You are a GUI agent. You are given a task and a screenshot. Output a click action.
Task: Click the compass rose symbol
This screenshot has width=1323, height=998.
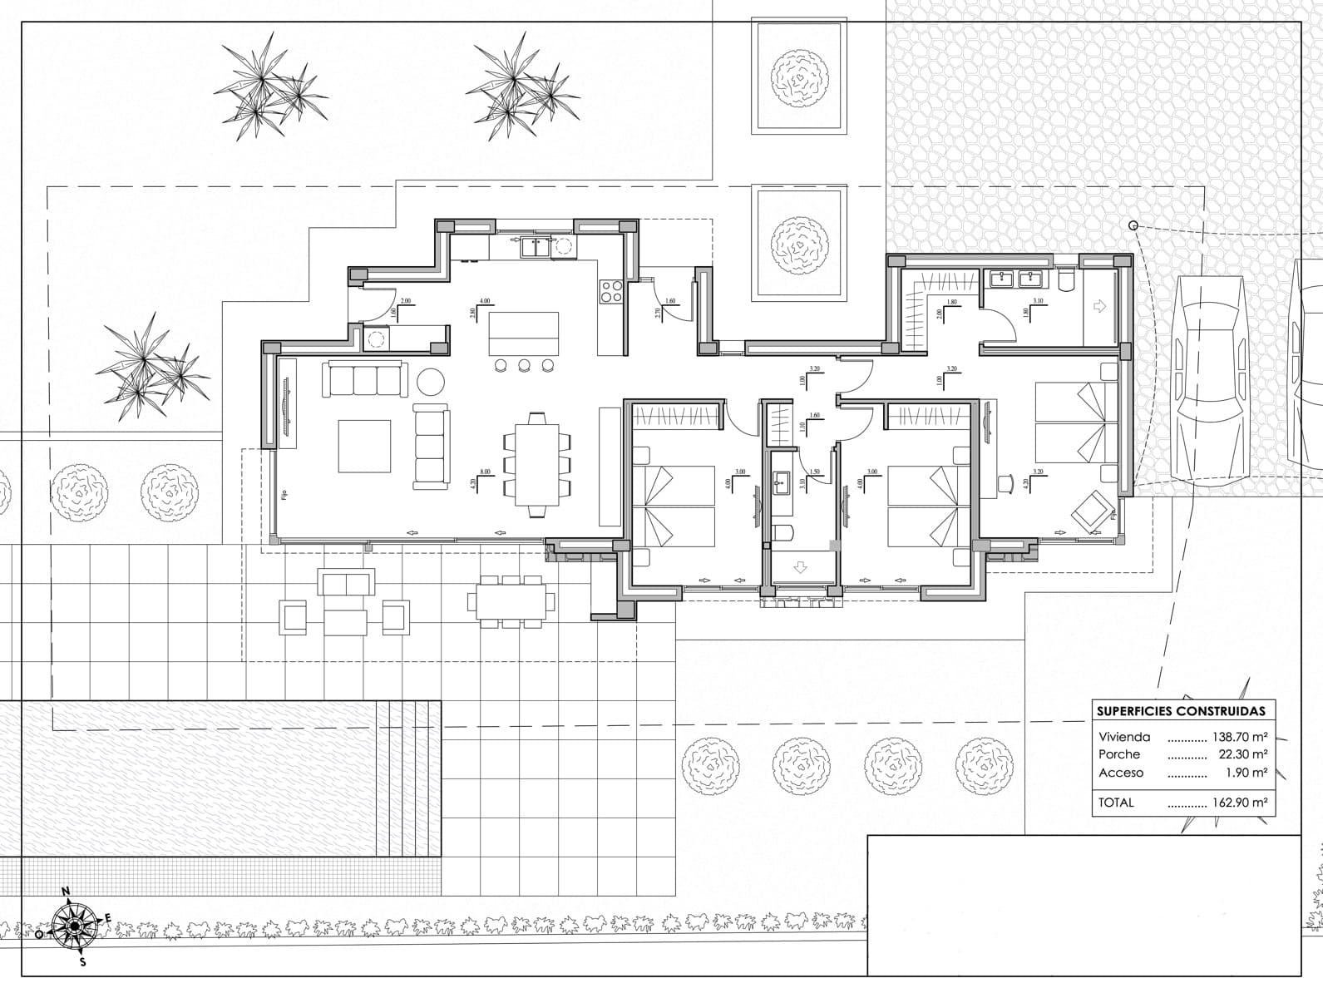(x=74, y=925)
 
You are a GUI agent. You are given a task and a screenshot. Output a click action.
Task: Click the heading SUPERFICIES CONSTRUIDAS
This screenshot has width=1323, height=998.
(x=1181, y=711)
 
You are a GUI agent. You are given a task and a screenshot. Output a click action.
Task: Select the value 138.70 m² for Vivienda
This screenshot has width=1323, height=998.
(x=1239, y=737)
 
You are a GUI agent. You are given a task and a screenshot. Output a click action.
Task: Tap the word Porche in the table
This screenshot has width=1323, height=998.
(x=1119, y=754)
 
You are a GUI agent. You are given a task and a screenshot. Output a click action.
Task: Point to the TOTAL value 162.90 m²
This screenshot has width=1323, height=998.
(x=1239, y=803)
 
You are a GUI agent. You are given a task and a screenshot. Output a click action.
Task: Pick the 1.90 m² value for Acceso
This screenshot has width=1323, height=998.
(x=1246, y=773)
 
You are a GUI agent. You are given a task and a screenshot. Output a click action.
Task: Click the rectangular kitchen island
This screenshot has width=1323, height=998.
(x=523, y=333)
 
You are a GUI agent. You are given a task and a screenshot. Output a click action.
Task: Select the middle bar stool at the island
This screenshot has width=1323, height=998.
(x=524, y=364)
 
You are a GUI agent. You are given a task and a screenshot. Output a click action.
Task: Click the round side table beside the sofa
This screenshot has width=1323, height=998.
(x=431, y=381)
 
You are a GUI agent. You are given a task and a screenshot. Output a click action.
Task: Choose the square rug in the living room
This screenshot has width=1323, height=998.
(x=364, y=446)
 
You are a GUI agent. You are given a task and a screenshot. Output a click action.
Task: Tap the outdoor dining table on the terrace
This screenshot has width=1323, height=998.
(x=511, y=600)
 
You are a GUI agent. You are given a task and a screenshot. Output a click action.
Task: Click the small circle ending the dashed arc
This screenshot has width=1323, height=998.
(x=1133, y=225)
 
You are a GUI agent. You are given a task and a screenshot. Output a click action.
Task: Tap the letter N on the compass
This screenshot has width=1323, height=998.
(x=66, y=892)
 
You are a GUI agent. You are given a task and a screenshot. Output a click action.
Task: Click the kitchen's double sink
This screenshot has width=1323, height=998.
(x=535, y=246)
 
